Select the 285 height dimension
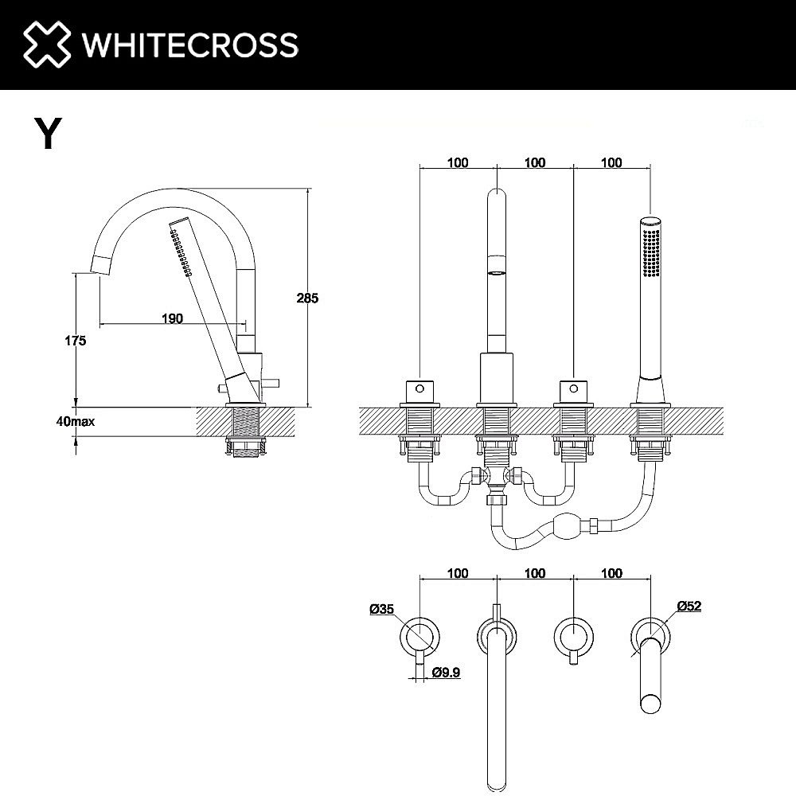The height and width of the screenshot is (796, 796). [307, 298]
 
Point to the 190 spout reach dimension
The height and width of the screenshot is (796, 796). [172, 318]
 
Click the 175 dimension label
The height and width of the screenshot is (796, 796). [76, 340]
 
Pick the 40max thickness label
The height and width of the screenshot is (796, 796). [76, 421]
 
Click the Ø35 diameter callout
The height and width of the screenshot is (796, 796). [382, 610]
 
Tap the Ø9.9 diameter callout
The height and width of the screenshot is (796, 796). [447, 673]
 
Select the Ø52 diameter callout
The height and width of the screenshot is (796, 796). [689, 606]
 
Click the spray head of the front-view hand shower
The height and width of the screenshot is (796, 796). [651, 247]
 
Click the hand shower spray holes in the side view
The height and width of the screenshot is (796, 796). [182, 252]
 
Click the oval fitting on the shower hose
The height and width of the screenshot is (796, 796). [567, 527]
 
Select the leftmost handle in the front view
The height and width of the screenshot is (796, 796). [419, 391]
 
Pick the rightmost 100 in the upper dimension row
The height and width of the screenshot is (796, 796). [611, 163]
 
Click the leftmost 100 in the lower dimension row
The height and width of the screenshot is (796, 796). [458, 573]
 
